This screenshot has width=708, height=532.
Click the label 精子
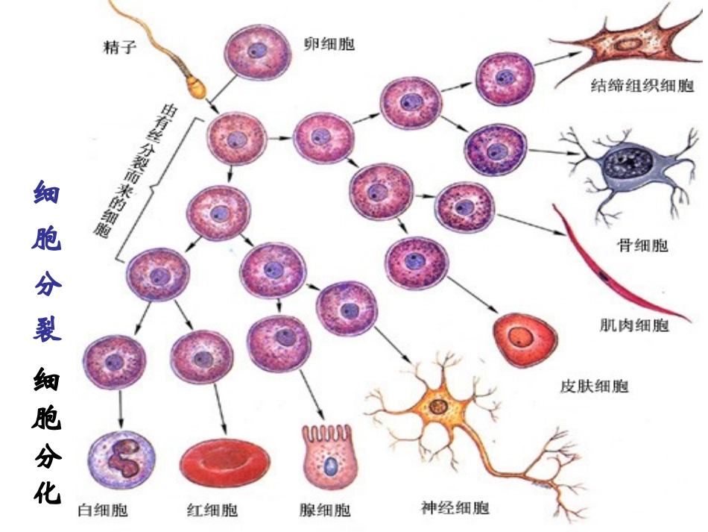pyautogui.click(x=119, y=50)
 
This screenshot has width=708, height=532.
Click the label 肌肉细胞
pyautogui.click(x=634, y=325)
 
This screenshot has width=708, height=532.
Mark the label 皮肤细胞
pyautogui.click(x=594, y=387)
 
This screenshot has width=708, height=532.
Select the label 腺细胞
pyautogui.click(x=325, y=510)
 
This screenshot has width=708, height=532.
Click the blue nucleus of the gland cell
pyautogui.click(x=329, y=466)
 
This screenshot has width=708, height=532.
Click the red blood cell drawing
pyautogui.click(x=221, y=461)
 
